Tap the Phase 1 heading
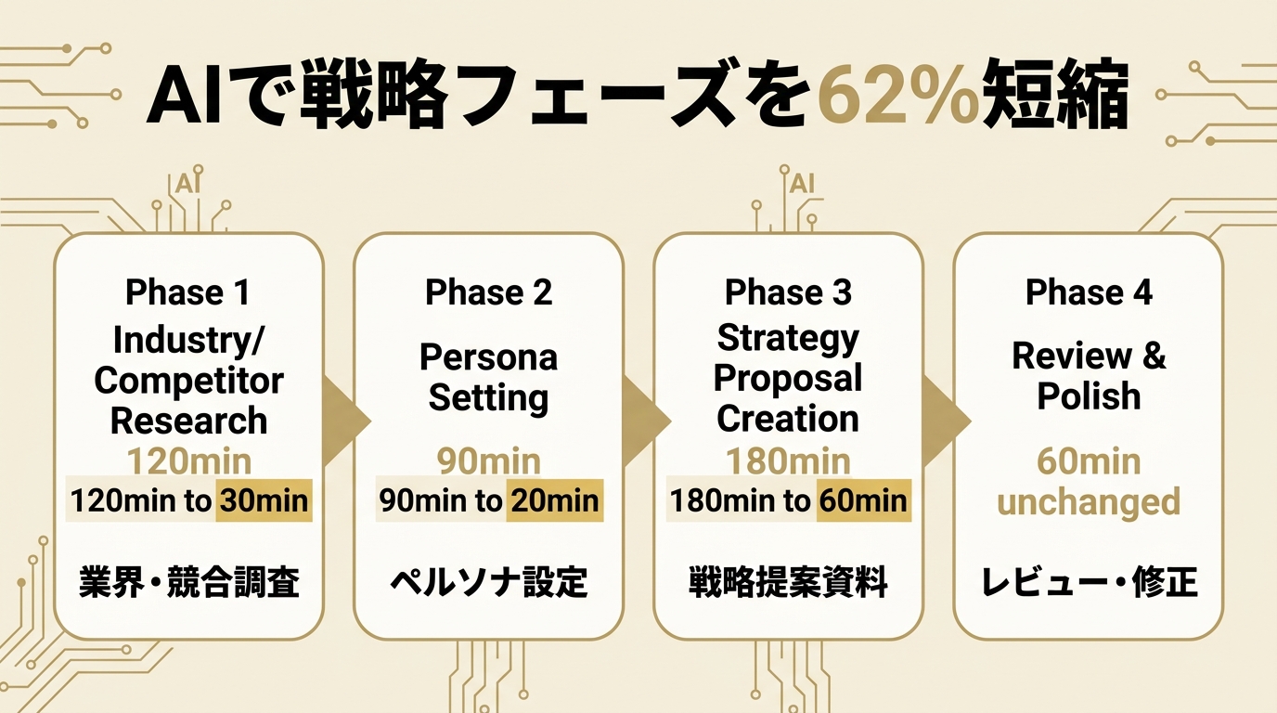(188, 292)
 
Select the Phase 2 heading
(488, 292)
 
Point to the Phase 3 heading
(788, 292)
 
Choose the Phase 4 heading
(1089, 292)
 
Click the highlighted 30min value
(264, 502)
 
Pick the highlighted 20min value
(554, 502)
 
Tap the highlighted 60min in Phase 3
(862, 502)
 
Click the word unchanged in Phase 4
(1089, 502)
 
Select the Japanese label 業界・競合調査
(188, 583)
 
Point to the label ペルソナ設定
(488, 583)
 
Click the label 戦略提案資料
(788, 583)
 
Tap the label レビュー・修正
(1089, 583)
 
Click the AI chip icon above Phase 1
(187, 183)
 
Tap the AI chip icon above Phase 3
(800, 183)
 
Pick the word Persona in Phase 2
(488, 357)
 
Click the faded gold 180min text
(788, 461)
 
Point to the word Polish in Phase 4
(1089, 396)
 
